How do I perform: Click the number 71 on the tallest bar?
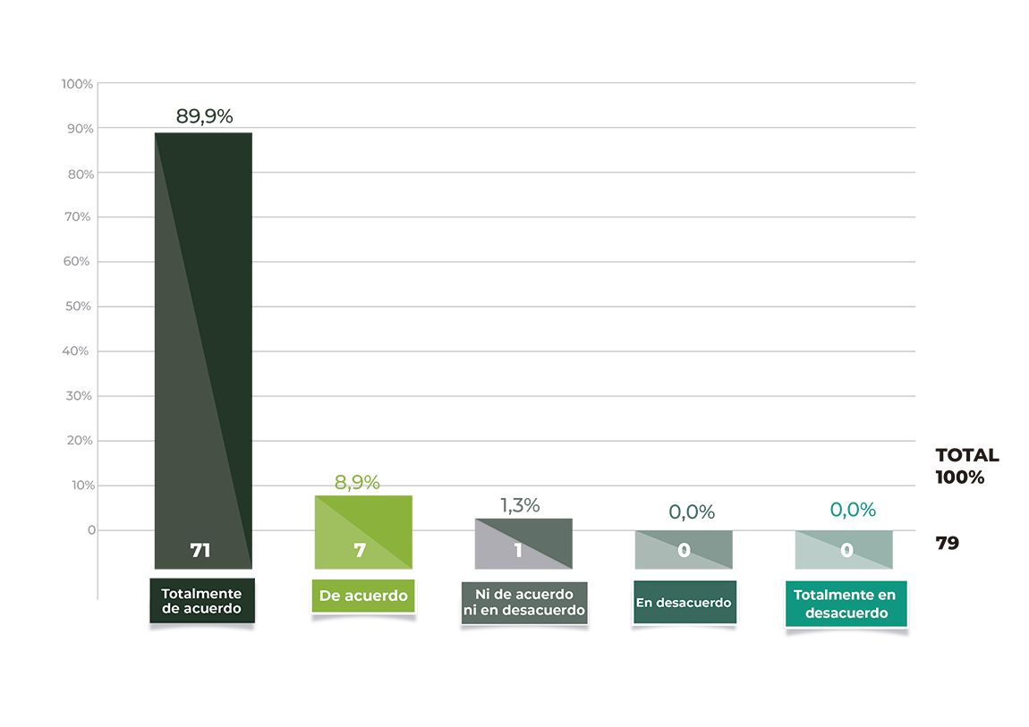coord(200,551)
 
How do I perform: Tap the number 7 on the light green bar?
coord(360,551)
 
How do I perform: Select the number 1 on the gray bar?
coord(518,551)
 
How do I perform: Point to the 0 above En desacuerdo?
coord(684,551)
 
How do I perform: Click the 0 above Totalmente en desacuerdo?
coord(846,551)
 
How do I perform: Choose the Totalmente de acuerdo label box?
coord(201,601)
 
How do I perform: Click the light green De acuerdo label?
coord(363,596)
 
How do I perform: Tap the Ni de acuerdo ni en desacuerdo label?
coord(523,603)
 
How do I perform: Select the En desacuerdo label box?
coord(684,603)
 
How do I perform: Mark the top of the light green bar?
coord(362,495)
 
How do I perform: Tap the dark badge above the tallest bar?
coord(204,110)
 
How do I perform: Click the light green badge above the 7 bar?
coord(357,472)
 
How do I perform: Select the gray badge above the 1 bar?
coord(521,499)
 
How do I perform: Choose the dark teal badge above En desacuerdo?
coord(690,510)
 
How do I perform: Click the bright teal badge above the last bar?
coord(852,508)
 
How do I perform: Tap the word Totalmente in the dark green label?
coord(201,594)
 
